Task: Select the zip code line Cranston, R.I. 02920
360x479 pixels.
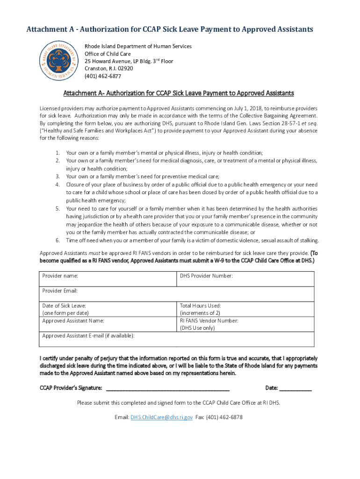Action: pos(108,69)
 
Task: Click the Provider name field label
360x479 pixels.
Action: pos(60,276)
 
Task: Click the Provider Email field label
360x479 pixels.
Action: pos(60,290)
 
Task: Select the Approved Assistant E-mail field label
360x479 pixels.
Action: pos(88,336)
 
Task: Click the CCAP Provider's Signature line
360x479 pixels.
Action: pos(168,388)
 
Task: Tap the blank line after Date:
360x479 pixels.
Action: pos(295,388)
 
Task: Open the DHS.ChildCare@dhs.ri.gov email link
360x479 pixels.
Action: pos(161,417)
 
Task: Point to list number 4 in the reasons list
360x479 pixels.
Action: pos(58,185)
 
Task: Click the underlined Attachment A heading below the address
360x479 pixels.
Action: pos(179,93)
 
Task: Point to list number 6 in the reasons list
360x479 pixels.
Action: pos(58,240)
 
